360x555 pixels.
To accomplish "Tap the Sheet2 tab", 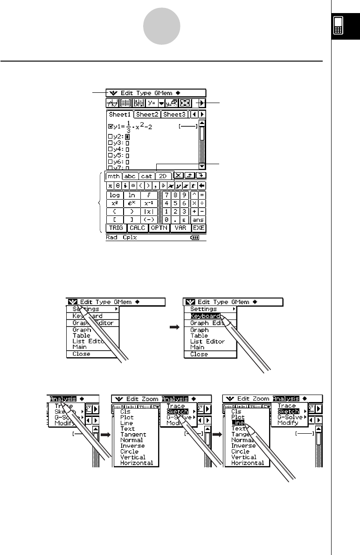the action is point(147,114).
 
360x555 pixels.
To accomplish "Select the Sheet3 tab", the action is point(175,114).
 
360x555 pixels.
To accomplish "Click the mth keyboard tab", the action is point(113,176).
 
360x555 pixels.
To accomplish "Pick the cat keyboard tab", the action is point(146,176).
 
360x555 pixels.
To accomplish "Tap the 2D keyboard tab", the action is point(163,176).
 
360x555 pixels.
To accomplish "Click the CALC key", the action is point(138,228).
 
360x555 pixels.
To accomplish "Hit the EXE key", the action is point(199,228).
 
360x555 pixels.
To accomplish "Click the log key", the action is point(115,195).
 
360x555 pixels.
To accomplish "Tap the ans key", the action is point(199,220).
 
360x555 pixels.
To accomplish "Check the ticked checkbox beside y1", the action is point(110,126).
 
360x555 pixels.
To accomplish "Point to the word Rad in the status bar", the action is point(111,237).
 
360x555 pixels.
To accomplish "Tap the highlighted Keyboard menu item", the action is point(205,316).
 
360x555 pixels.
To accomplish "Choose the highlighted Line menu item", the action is point(237,423).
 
